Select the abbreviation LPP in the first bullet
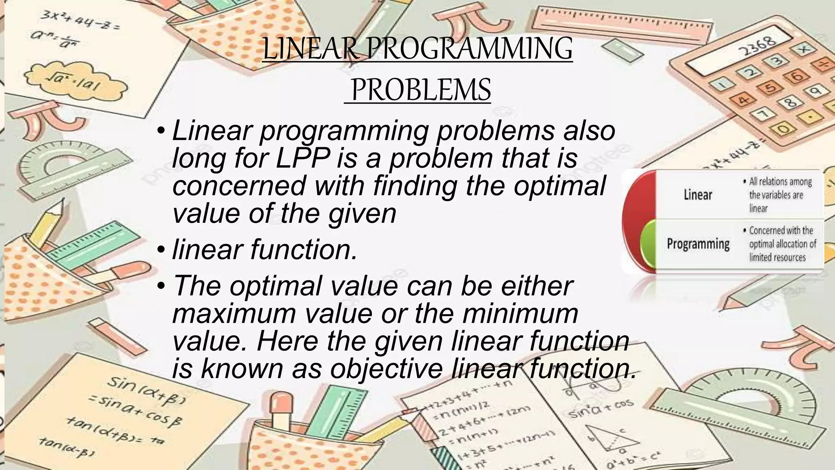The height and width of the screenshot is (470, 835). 302,158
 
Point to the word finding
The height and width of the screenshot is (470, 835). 415,186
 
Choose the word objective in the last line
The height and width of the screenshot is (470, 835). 387,368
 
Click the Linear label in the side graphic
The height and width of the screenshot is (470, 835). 698,195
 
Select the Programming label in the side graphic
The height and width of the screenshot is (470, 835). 698,244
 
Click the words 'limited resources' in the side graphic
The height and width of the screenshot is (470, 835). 777,257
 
